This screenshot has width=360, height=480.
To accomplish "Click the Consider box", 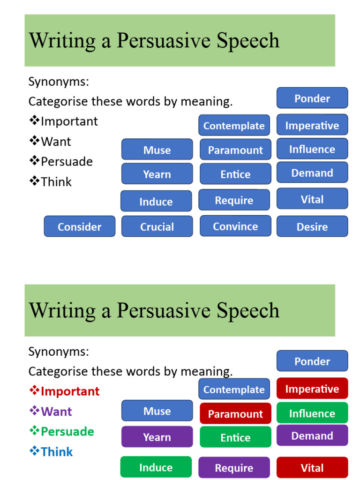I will coord(79,226).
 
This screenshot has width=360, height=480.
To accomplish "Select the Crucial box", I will coord(157,226).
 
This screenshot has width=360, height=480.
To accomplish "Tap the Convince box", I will coord(235,226).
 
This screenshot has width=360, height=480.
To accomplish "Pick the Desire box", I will coord(312,226).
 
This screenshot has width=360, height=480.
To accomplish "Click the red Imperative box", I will coord(312,389).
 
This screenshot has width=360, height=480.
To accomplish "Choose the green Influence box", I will coord(312,413).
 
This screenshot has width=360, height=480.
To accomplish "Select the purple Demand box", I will coord(312,435).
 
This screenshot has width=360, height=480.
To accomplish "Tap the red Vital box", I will coord(312,467).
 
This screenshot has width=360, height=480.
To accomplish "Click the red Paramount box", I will coord(235,413).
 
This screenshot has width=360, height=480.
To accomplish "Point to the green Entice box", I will coord(235,437).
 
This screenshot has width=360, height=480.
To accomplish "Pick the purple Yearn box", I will coord(157,437).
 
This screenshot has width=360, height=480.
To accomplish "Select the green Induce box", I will coord(156,467).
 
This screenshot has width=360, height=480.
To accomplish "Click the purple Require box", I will coord(234,467).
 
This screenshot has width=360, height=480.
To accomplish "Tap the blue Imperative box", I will coord(312,125).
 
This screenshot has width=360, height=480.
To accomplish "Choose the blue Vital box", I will coord(312,199).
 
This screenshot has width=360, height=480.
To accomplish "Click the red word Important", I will coord(70,391).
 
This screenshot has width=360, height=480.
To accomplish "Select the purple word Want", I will coord(56,412).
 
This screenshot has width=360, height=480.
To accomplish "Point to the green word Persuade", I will coord(67,431).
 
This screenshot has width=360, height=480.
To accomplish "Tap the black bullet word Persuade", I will coord(67,161).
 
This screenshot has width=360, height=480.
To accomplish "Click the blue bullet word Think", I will coord(57,451).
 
